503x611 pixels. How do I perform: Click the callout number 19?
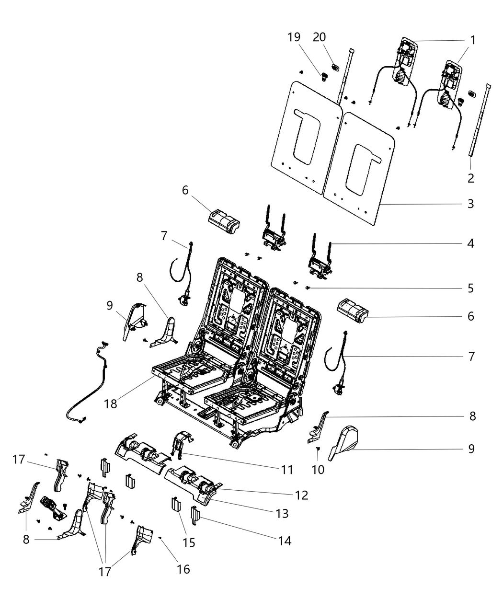pos(294,37)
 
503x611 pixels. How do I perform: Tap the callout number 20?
pos(320,37)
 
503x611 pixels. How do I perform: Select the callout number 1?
pos(473,40)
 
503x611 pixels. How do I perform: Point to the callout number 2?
pos(471,179)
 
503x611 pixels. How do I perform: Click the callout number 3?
pos(471,204)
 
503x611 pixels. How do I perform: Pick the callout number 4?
pos(471,243)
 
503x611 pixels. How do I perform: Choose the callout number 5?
pos(471,288)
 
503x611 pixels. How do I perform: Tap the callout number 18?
pos(111,403)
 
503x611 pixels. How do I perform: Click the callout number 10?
pos(318,470)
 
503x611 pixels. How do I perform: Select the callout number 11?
pos(286,470)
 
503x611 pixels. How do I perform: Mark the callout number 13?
pos(282,514)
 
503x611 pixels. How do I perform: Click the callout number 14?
pos(285,541)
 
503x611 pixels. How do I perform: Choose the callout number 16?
pos(183,569)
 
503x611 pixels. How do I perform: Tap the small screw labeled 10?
pos(318,449)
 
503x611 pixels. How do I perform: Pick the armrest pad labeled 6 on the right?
pos(352,309)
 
